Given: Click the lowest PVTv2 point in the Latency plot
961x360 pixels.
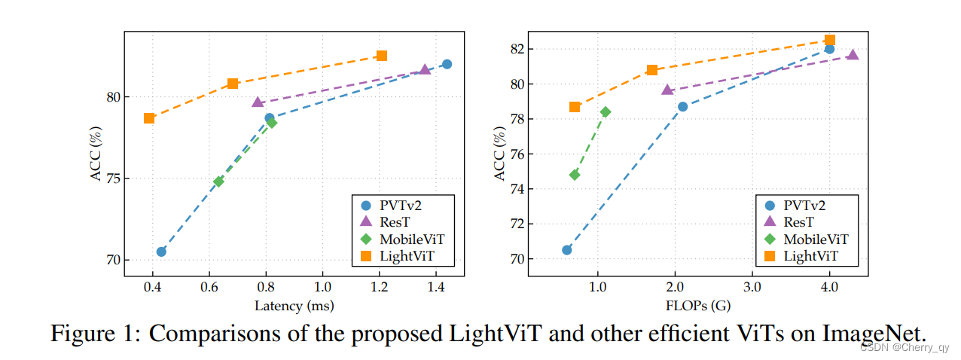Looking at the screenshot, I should coord(161,252).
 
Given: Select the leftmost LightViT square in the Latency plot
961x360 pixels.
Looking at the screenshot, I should coord(149,117).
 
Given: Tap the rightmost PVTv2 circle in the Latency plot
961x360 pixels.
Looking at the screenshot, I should coord(447,64).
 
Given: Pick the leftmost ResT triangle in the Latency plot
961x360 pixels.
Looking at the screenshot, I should coord(258,102).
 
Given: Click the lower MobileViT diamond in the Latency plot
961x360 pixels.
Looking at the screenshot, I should coord(218,182).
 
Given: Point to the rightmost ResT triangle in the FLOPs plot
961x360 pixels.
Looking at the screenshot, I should coord(853,54).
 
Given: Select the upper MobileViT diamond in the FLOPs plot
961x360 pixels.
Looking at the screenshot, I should coord(606,111).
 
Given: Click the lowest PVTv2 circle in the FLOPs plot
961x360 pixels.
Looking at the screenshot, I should coord(567,249).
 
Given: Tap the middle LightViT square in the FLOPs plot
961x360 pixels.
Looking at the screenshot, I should coord(652,70).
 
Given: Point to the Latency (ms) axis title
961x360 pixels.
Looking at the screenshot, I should coord(294,306).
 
